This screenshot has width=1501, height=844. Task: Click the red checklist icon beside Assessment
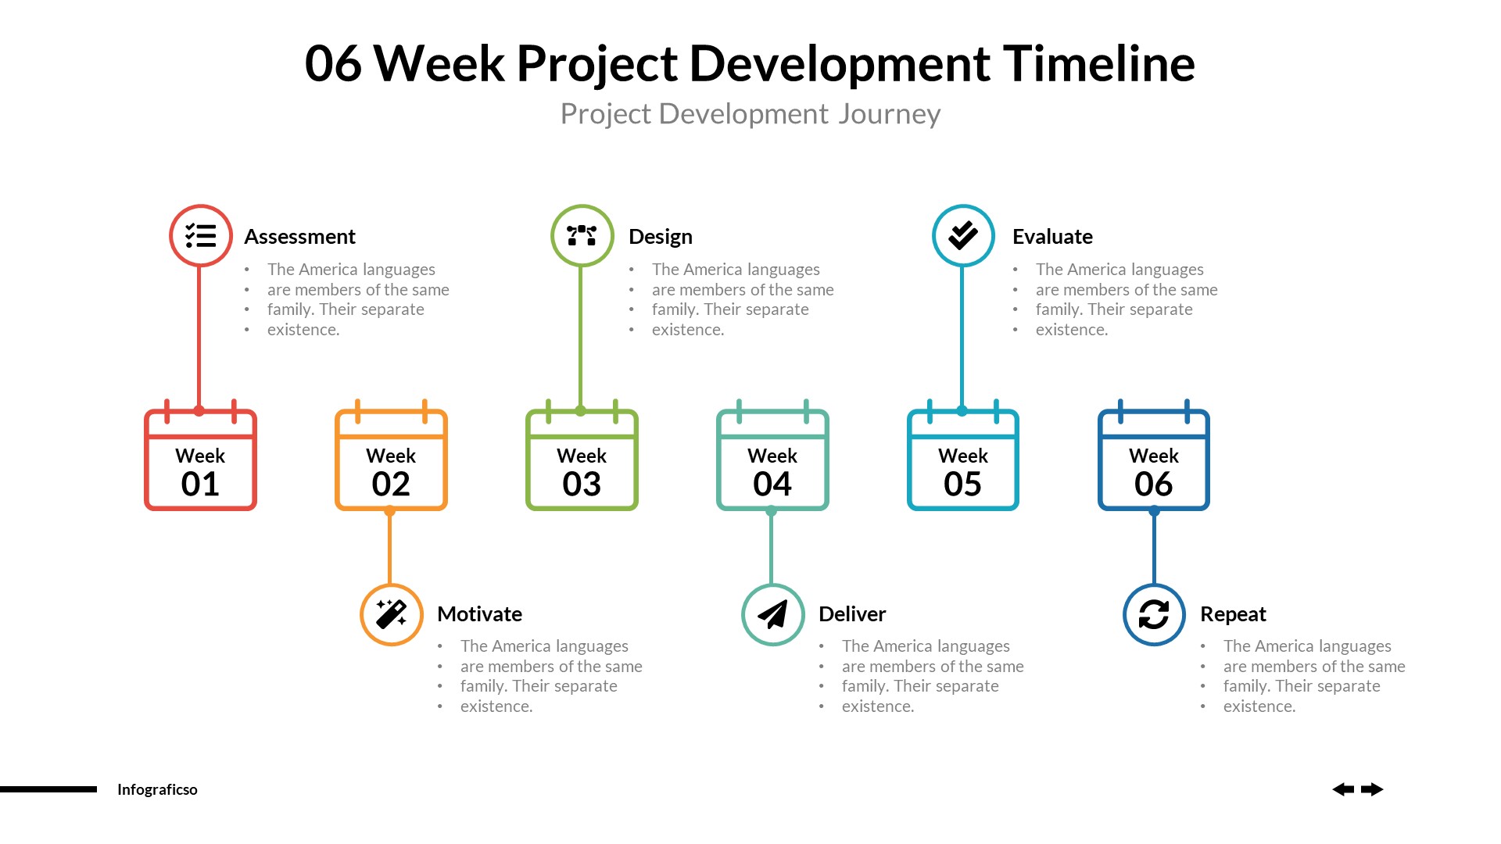pyautogui.click(x=201, y=235)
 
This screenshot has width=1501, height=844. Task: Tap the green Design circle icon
pyautogui.click(x=582, y=235)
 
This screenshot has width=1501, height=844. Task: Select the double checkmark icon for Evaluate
pyautogui.click(x=963, y=235)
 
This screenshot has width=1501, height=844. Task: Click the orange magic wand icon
pyautogui.click(x=391, y=614)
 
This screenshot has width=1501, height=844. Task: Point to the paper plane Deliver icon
pyautogui.click(x=772, y=614)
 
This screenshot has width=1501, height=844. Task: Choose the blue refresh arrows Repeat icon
pyautogui.click(x=1154, y=614)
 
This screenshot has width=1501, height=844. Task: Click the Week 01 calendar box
pyautogui.click(x=200, y=461)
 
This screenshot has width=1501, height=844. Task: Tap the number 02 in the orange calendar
pyautogui.click(x=391, y=485)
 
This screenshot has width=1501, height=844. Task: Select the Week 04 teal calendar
pyautogui.click(x=772, y=461)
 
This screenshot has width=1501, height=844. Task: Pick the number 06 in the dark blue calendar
pyautogui.click(x=1154, y=485)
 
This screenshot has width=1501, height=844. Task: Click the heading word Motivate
pyautogui.click(x=479, y=614)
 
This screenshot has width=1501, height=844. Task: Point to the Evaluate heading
pyautogui.click(x=1052, y=237)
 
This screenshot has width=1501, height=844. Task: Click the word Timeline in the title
pyautogui.click(x=1098, y=63)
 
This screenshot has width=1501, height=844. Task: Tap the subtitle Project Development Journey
pyautogui.click(x=750, y=114)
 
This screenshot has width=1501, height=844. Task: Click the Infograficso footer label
pyautogui.click(x=157, y=789)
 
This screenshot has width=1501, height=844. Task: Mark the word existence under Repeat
pyautogui.click(x=1259, y=706)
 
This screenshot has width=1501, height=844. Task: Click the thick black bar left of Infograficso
pyautogui.click(x=48, y=789)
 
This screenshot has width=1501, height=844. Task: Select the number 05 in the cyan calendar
pyautogui.click(x=962, y=485)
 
